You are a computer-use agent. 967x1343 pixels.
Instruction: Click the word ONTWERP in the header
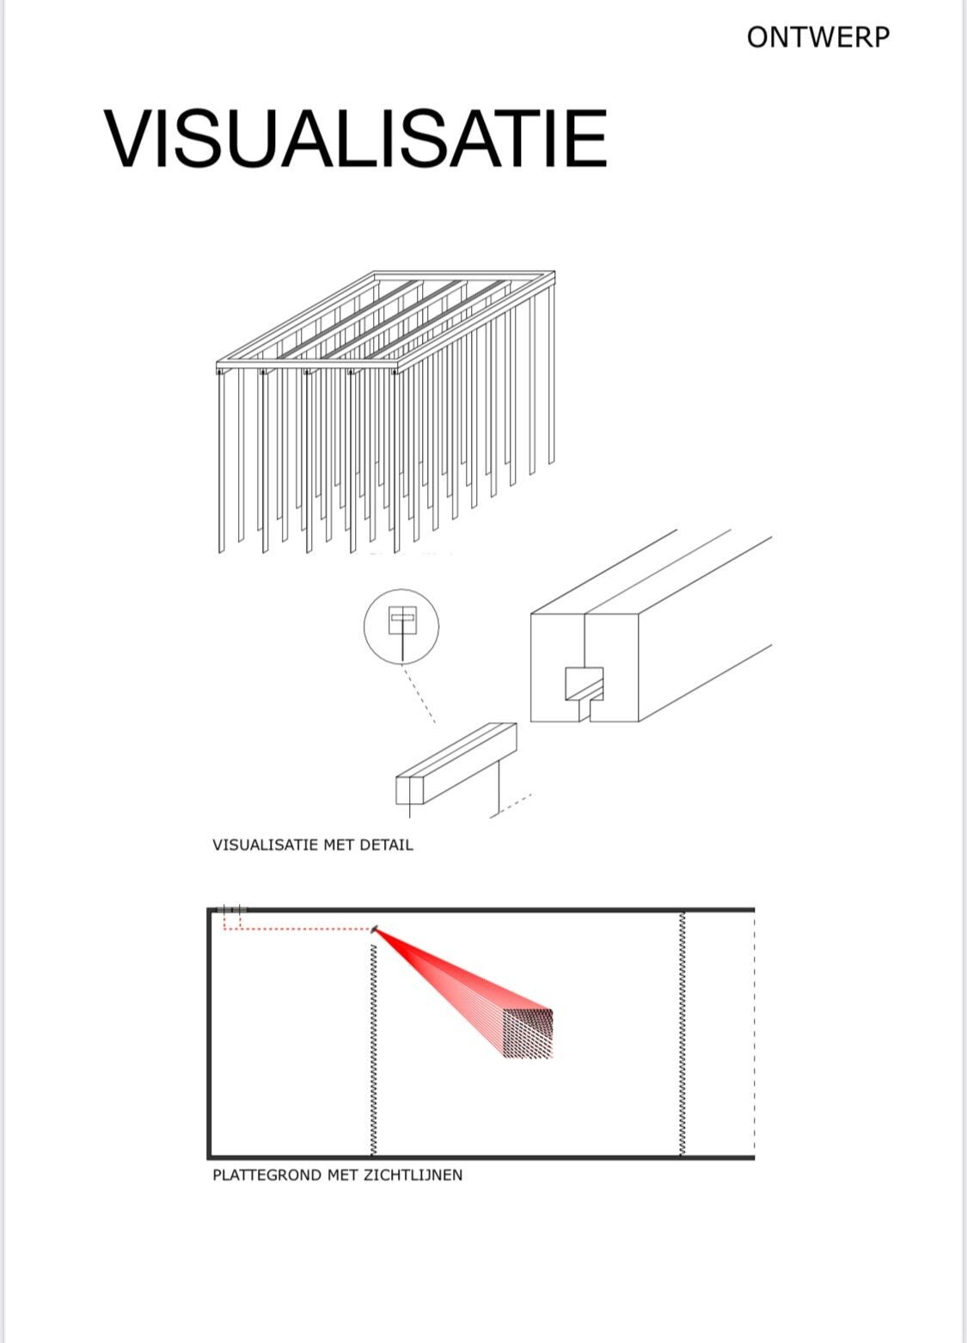pyautogui.click(x=817, y=38)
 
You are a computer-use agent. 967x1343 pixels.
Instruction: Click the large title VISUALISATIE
pyautogui.click(x=356, y=138)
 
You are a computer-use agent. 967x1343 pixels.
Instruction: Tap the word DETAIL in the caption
pyautogui.click(x=386, y=845)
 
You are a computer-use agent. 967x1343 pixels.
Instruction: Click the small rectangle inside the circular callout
pyautogui.click(x=402, y=620)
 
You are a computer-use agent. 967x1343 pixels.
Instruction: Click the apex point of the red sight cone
pyautogui.click(x=375, y=929)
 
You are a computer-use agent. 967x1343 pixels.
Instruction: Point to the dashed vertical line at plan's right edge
pyautogui.click(x=754, y=1033)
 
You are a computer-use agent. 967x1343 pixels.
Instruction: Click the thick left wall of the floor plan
pyautogui.click(x=209, y=1033)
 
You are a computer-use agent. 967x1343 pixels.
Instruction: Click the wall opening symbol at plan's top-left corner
pyautogui.click(x=231, y=910)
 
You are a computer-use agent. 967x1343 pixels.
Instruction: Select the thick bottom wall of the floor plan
pyautogui.click(x=480, y=1156)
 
